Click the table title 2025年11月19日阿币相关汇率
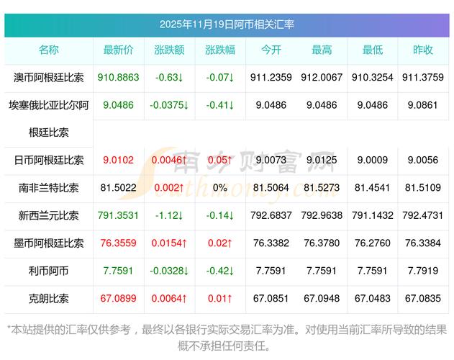[227, 24]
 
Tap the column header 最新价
[119, 50]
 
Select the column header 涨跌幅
[219, 50]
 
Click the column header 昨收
[423, 50]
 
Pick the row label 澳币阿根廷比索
[49, 77]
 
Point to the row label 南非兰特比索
[49, 188]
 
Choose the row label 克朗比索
[49, 297]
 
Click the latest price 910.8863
[119, 77]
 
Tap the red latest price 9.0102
[119, 161]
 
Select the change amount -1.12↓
[169, 215]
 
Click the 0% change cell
[219, 188]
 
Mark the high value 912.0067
[322, 77]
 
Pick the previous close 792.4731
[423, 215]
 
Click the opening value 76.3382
[271, 243]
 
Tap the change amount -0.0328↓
[169, 270]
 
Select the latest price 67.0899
[119, 297]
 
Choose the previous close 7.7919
[423, 270]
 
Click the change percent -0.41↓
[219, 105]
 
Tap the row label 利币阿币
[49, 270]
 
